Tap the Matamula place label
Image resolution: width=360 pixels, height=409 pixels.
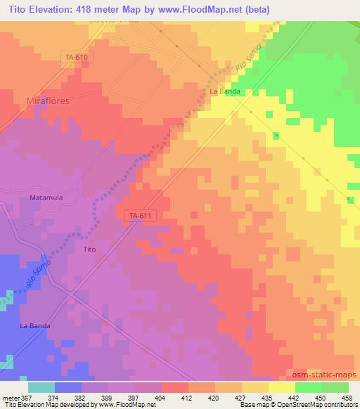click(46, 197)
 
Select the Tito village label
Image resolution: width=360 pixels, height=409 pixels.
click(89, 249)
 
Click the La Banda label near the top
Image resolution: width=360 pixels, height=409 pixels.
click(225, 92)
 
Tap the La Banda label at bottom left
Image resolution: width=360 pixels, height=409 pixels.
click(34, 325)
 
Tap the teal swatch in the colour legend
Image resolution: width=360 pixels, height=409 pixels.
click(41, 387)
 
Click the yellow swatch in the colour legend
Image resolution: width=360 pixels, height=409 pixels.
click(281, 387)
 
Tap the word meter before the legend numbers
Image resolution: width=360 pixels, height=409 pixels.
click(10, 397)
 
